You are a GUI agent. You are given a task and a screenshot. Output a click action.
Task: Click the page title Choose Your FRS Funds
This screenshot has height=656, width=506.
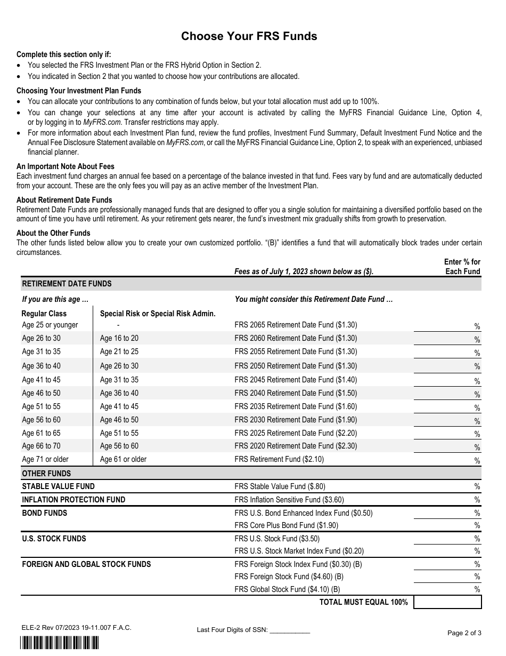click(x=249, y=36)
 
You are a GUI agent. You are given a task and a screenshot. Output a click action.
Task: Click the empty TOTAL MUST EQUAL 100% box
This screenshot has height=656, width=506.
click(x=447, y=602)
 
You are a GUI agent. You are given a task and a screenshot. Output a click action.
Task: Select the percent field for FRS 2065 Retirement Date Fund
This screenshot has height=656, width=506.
click(x=443, y=325)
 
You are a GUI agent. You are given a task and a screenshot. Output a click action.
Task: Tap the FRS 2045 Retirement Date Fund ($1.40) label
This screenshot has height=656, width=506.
click(x=296, y=380)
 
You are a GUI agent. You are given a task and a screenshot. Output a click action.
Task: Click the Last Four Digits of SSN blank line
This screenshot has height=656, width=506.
click(x=290, y=630)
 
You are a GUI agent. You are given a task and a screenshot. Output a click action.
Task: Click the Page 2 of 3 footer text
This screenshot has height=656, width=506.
click(x=464, y=633)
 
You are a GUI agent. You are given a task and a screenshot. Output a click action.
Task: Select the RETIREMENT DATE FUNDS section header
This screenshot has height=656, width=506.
click(x=67, y=284)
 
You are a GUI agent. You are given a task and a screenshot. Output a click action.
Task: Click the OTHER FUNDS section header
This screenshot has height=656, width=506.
click(x=46, y=474)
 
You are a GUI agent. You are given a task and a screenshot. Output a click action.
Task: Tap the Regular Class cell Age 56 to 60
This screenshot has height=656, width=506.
click(x=41, y=420)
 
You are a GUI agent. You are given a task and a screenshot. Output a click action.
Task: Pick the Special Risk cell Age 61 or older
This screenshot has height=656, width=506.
click(x=123, y=459)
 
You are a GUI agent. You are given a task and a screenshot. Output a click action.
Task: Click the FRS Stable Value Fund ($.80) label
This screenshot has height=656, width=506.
click(x=280, y=486)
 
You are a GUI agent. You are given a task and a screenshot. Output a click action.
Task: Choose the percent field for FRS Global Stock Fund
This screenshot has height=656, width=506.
click(x=443, y=589)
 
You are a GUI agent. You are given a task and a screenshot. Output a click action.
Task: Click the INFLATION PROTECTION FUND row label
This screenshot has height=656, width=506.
click(x=74, y=500)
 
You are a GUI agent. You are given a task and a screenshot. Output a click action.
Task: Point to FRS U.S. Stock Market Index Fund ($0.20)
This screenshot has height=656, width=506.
click(x=299, y=551)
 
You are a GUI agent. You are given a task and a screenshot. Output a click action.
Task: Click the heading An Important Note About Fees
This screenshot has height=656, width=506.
click(x=66, y=166)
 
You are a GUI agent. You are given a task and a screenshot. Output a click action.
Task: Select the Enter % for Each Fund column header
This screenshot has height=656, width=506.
click(x=462, y=267)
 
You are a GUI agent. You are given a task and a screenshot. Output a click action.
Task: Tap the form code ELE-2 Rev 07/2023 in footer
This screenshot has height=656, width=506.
click(x=74, y=628)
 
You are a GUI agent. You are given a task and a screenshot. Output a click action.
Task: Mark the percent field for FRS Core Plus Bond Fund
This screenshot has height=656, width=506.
click(x=443, y=525)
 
